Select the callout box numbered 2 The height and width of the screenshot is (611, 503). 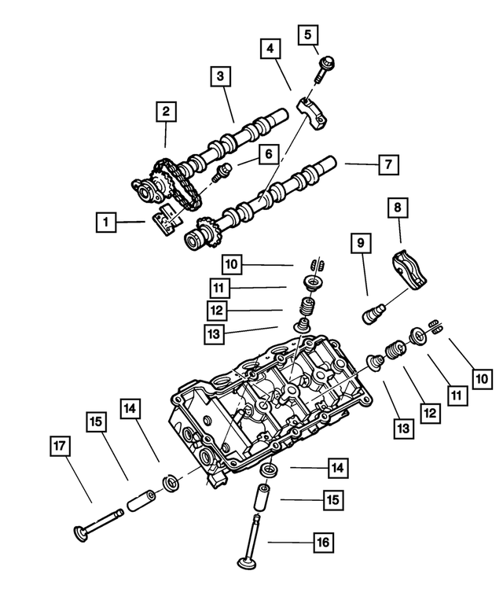[166, 112]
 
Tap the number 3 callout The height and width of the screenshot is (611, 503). [221, 76]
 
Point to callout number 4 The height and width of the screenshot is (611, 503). [271, 49]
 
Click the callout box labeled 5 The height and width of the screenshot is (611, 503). [308, 35]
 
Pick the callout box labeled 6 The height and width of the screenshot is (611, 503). [269, 155]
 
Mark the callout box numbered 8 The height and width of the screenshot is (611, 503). [398, 208]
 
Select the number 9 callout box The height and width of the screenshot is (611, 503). [361, 244]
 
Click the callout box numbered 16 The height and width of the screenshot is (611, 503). [323, 542]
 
